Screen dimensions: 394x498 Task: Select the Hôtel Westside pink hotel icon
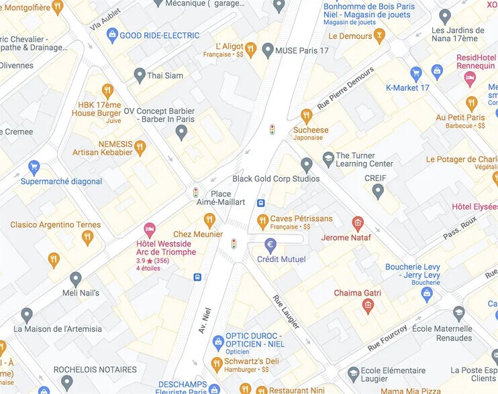click(150, 229)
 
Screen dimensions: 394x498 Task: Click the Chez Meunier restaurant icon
click(209, 220)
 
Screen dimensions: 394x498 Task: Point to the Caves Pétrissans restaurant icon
click(263, 220)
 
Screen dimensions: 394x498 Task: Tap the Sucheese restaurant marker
click(307, 115)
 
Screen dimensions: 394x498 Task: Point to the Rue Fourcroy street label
click(387, 338)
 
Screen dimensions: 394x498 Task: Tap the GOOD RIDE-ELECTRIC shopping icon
click(112, 35)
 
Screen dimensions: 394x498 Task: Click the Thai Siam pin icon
click(140, 75)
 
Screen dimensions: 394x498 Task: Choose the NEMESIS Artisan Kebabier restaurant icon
click(140, 147)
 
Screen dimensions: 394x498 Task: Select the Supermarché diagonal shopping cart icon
click(34, 167)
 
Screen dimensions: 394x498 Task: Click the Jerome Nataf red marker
click(358, 223)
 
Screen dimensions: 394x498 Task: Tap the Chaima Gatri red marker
click(367, 306)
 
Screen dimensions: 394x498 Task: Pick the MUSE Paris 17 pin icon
click(268, 50)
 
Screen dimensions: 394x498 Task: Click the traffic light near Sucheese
click(272, 129)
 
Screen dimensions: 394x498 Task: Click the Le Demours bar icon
click(380, 36)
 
